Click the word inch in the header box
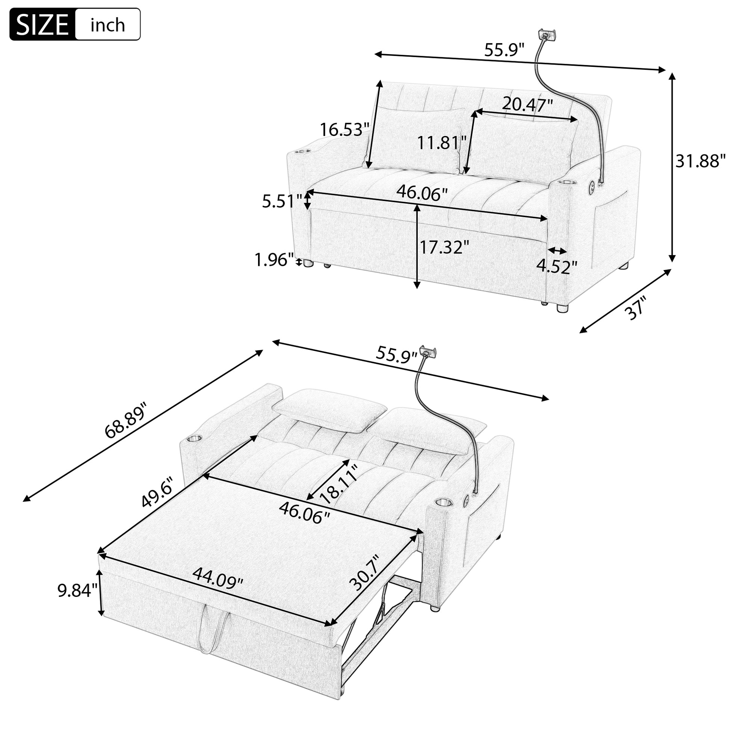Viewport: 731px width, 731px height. (x=108, y=25)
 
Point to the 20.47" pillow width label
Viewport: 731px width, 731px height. (x=527, y=104)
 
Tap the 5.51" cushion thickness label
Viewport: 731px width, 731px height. (x=282, y=201)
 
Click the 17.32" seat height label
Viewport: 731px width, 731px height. (x=444, y=248)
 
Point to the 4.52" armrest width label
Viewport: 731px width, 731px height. (x=557, y=267)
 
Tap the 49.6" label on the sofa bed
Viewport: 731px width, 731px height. (x=157, y=492)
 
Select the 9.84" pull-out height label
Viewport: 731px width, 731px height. (x=77, y=591)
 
